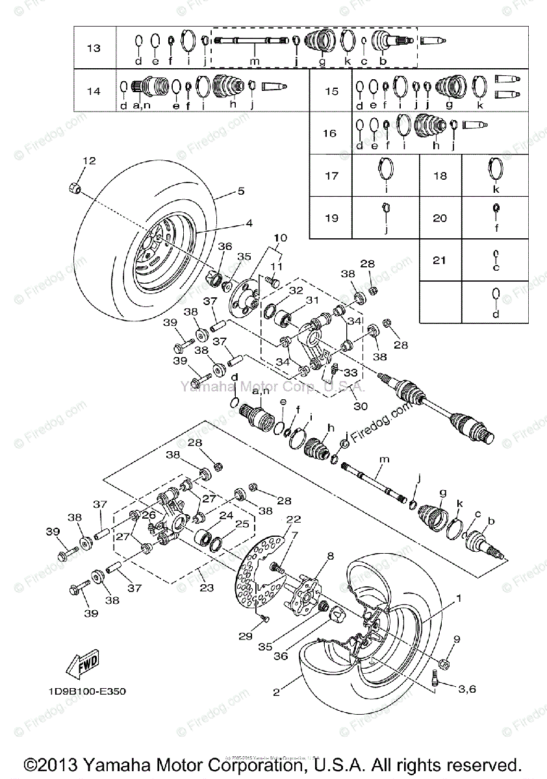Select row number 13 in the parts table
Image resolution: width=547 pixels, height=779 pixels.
pyautogui.click(x=94, y=48)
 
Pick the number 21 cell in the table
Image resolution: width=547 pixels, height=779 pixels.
pyautogui.click(x=440, y=260)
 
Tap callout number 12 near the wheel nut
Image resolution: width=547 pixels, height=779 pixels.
pyautogui.click(x=88, y=160)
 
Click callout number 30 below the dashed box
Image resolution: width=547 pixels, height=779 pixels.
pyautogui.click(x=361, y=406)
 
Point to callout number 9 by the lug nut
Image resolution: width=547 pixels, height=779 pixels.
pyautogui.click(x=456, y=639)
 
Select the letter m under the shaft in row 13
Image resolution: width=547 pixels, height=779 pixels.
pyautogui.click(x=255, y=61)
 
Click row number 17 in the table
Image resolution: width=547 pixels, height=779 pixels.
pyautogui.click(x=331, y=175)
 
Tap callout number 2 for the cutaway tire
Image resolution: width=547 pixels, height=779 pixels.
pyautogui.click(x=276, y=693)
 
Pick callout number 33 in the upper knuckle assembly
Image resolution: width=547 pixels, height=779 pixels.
pyautogui.click(x=351, y=373)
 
